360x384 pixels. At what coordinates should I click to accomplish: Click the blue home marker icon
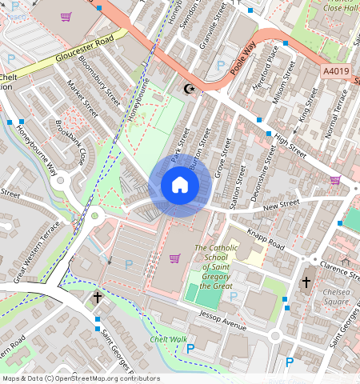point(180,186)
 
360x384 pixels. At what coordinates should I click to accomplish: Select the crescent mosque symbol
point(190,88)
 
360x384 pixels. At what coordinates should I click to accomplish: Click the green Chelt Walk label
point(168,340)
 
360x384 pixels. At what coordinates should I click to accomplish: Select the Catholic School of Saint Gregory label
point(216,267)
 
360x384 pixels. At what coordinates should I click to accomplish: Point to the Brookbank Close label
point(70,143)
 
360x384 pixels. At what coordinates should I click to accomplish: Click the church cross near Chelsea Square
point(306,282)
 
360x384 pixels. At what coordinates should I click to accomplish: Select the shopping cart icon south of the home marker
point(175,258)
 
